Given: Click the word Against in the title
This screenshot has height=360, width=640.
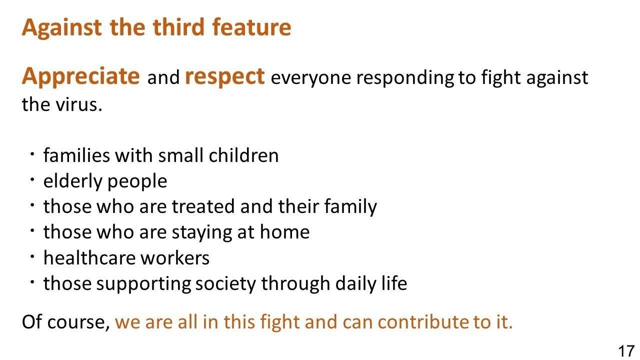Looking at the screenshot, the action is (x=61, y=27).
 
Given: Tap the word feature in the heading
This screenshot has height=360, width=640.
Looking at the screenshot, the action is (x=251, y=27).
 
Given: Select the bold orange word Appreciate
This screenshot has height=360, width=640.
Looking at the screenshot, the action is (x=81, y=77).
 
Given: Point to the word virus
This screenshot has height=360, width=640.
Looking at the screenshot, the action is (x=79, y=104).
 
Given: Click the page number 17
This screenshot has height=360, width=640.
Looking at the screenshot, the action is (x=626, y=350).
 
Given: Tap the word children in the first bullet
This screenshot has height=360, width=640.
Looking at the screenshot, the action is (x=243, y=155).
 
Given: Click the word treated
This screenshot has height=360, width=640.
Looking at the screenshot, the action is (x=203, y=206).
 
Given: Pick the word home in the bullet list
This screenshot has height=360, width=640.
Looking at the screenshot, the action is (x=284, y=232).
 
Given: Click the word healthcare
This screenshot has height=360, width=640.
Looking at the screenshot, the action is (x=89, y=257).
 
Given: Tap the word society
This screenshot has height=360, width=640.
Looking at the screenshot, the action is (x=225, y=284).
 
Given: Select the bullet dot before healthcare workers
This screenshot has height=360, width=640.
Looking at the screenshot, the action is (x=32, y=256).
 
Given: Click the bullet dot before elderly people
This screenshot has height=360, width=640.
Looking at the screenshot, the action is (x=32, y=179).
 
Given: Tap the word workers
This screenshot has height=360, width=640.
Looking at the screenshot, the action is (x=175, y=258).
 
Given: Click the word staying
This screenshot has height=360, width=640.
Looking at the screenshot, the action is (x=202, y=233).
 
